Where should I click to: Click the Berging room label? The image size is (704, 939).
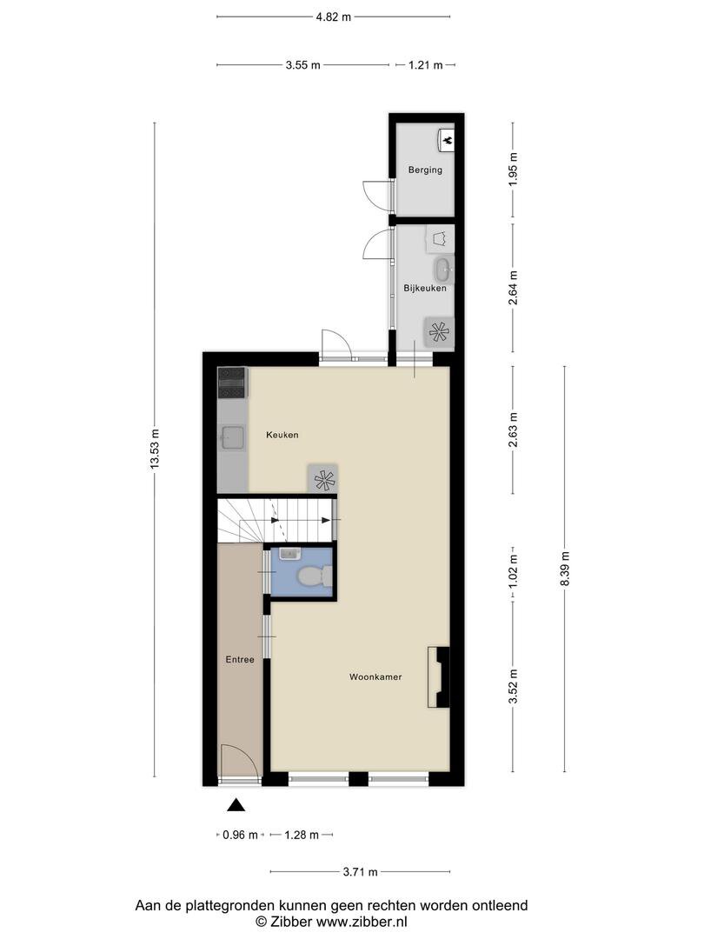[x=425, y=170]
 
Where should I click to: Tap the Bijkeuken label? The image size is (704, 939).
[x=424, y=288]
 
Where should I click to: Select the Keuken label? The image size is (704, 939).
[x=282, y=435]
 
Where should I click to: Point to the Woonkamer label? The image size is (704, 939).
[x=375, y=677]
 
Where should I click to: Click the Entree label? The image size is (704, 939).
[x=240, y=659]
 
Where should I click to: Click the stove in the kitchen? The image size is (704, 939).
[x=232, y=383]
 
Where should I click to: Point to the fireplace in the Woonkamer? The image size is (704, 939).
[x=438, y=677]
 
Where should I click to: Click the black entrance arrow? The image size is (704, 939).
[x=236, y=805]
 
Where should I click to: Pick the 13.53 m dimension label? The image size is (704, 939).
[x=155, y=450]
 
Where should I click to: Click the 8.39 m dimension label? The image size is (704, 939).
[x=565, y=569]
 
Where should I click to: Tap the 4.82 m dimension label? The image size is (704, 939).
[x=334, y=17]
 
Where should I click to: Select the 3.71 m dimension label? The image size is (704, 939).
[x=361, y=872]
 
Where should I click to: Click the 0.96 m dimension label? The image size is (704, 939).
[x=240, y=835]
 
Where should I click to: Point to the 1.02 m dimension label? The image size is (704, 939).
[x=513, y=571]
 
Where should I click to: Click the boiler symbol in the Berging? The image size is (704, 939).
[x=448, y=140]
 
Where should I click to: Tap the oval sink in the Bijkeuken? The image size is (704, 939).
[x=443, y=270]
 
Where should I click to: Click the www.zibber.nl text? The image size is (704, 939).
[x=362, y=922]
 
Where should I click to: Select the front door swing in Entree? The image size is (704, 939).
[x=241, y=761]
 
